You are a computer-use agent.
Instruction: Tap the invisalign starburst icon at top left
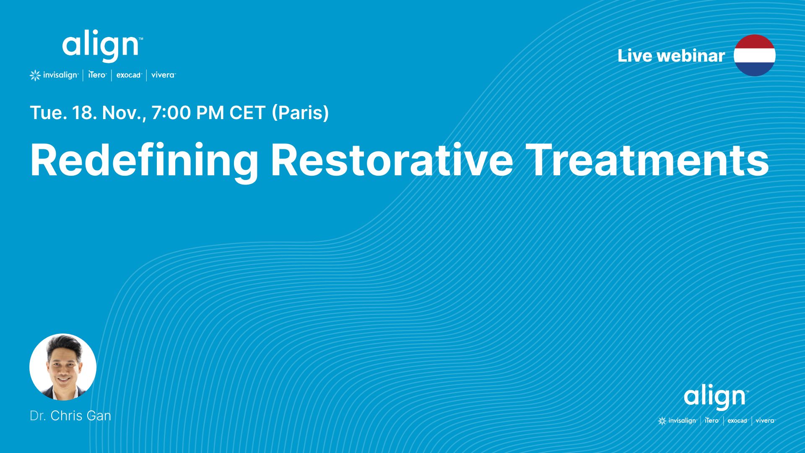coord(35,75)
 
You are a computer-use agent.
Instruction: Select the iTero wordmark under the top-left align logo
coord(97,75)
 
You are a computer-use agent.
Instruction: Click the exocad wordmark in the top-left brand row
coord(129,75)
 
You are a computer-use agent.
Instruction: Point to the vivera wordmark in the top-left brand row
coord(164,75)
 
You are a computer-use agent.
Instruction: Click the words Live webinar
coord(671,56)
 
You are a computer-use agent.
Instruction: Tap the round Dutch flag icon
coord(755,55)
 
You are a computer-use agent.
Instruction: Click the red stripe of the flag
coord(755,42)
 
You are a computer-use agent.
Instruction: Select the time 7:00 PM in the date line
coord(187,113)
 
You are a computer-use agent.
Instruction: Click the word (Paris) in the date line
coord(300,113)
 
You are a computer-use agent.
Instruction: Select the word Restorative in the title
coord(392,161)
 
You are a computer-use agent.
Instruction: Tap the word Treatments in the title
coord(647,161)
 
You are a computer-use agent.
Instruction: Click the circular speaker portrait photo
coord(63,367)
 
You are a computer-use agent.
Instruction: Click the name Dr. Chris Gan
coord(70,416)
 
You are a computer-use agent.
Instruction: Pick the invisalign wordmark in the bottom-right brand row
coord(682,421)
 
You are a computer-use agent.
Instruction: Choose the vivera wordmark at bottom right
coord(765,420)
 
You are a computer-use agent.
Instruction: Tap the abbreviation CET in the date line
coord(247,113)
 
